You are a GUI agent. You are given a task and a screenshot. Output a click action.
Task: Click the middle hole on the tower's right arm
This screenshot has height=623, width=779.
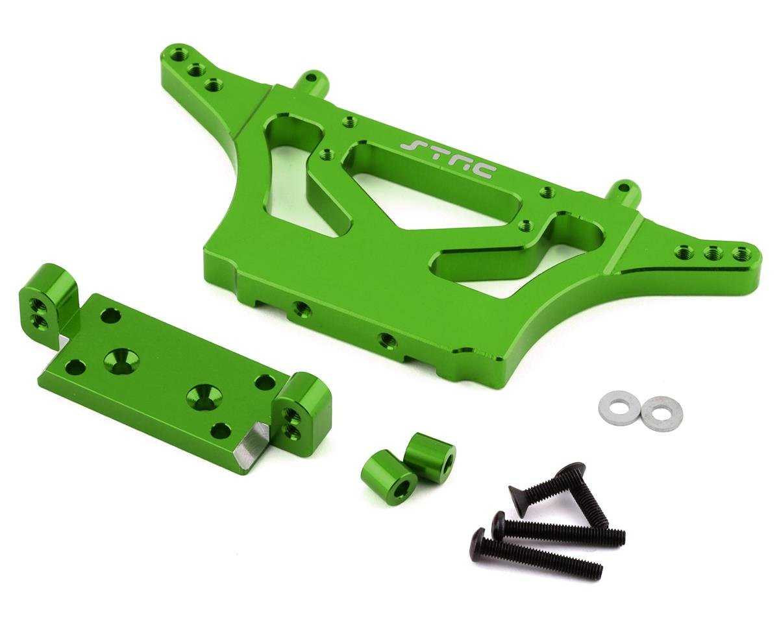click(x=713, y=252)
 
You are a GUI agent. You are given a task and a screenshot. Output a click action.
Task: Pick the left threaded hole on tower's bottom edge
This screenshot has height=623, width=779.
click(x=300, y=307)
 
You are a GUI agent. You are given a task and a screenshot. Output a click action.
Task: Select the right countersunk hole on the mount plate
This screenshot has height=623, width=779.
click(x=201, y=397)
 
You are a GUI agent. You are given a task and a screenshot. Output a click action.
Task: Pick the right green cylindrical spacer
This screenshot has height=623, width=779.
click(x=430, y=456)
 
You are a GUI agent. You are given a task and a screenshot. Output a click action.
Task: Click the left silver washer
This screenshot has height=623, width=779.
click(x=617, y=408)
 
